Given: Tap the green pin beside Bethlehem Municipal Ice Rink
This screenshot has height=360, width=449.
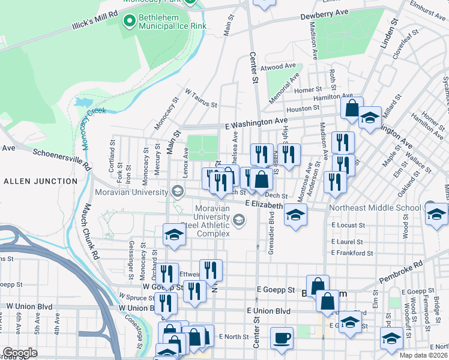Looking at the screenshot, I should click(x=128, y=22).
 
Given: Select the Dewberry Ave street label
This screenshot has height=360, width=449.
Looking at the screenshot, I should click(x=325, y=12).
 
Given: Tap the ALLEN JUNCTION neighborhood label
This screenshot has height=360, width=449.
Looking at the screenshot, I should click(x=35, y=181).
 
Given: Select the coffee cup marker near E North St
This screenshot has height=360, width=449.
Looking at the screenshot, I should click(x=282, y=337).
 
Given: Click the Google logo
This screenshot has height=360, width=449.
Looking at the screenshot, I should click(x=20, y=353).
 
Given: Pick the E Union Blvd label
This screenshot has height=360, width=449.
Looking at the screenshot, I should click(x=268, y=311).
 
